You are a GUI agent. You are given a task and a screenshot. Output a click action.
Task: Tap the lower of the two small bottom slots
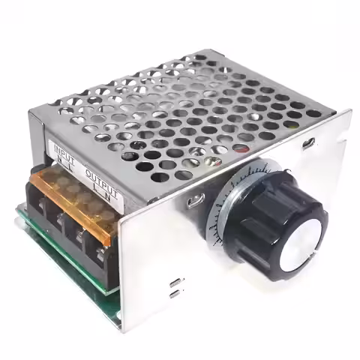pos(174,293)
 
